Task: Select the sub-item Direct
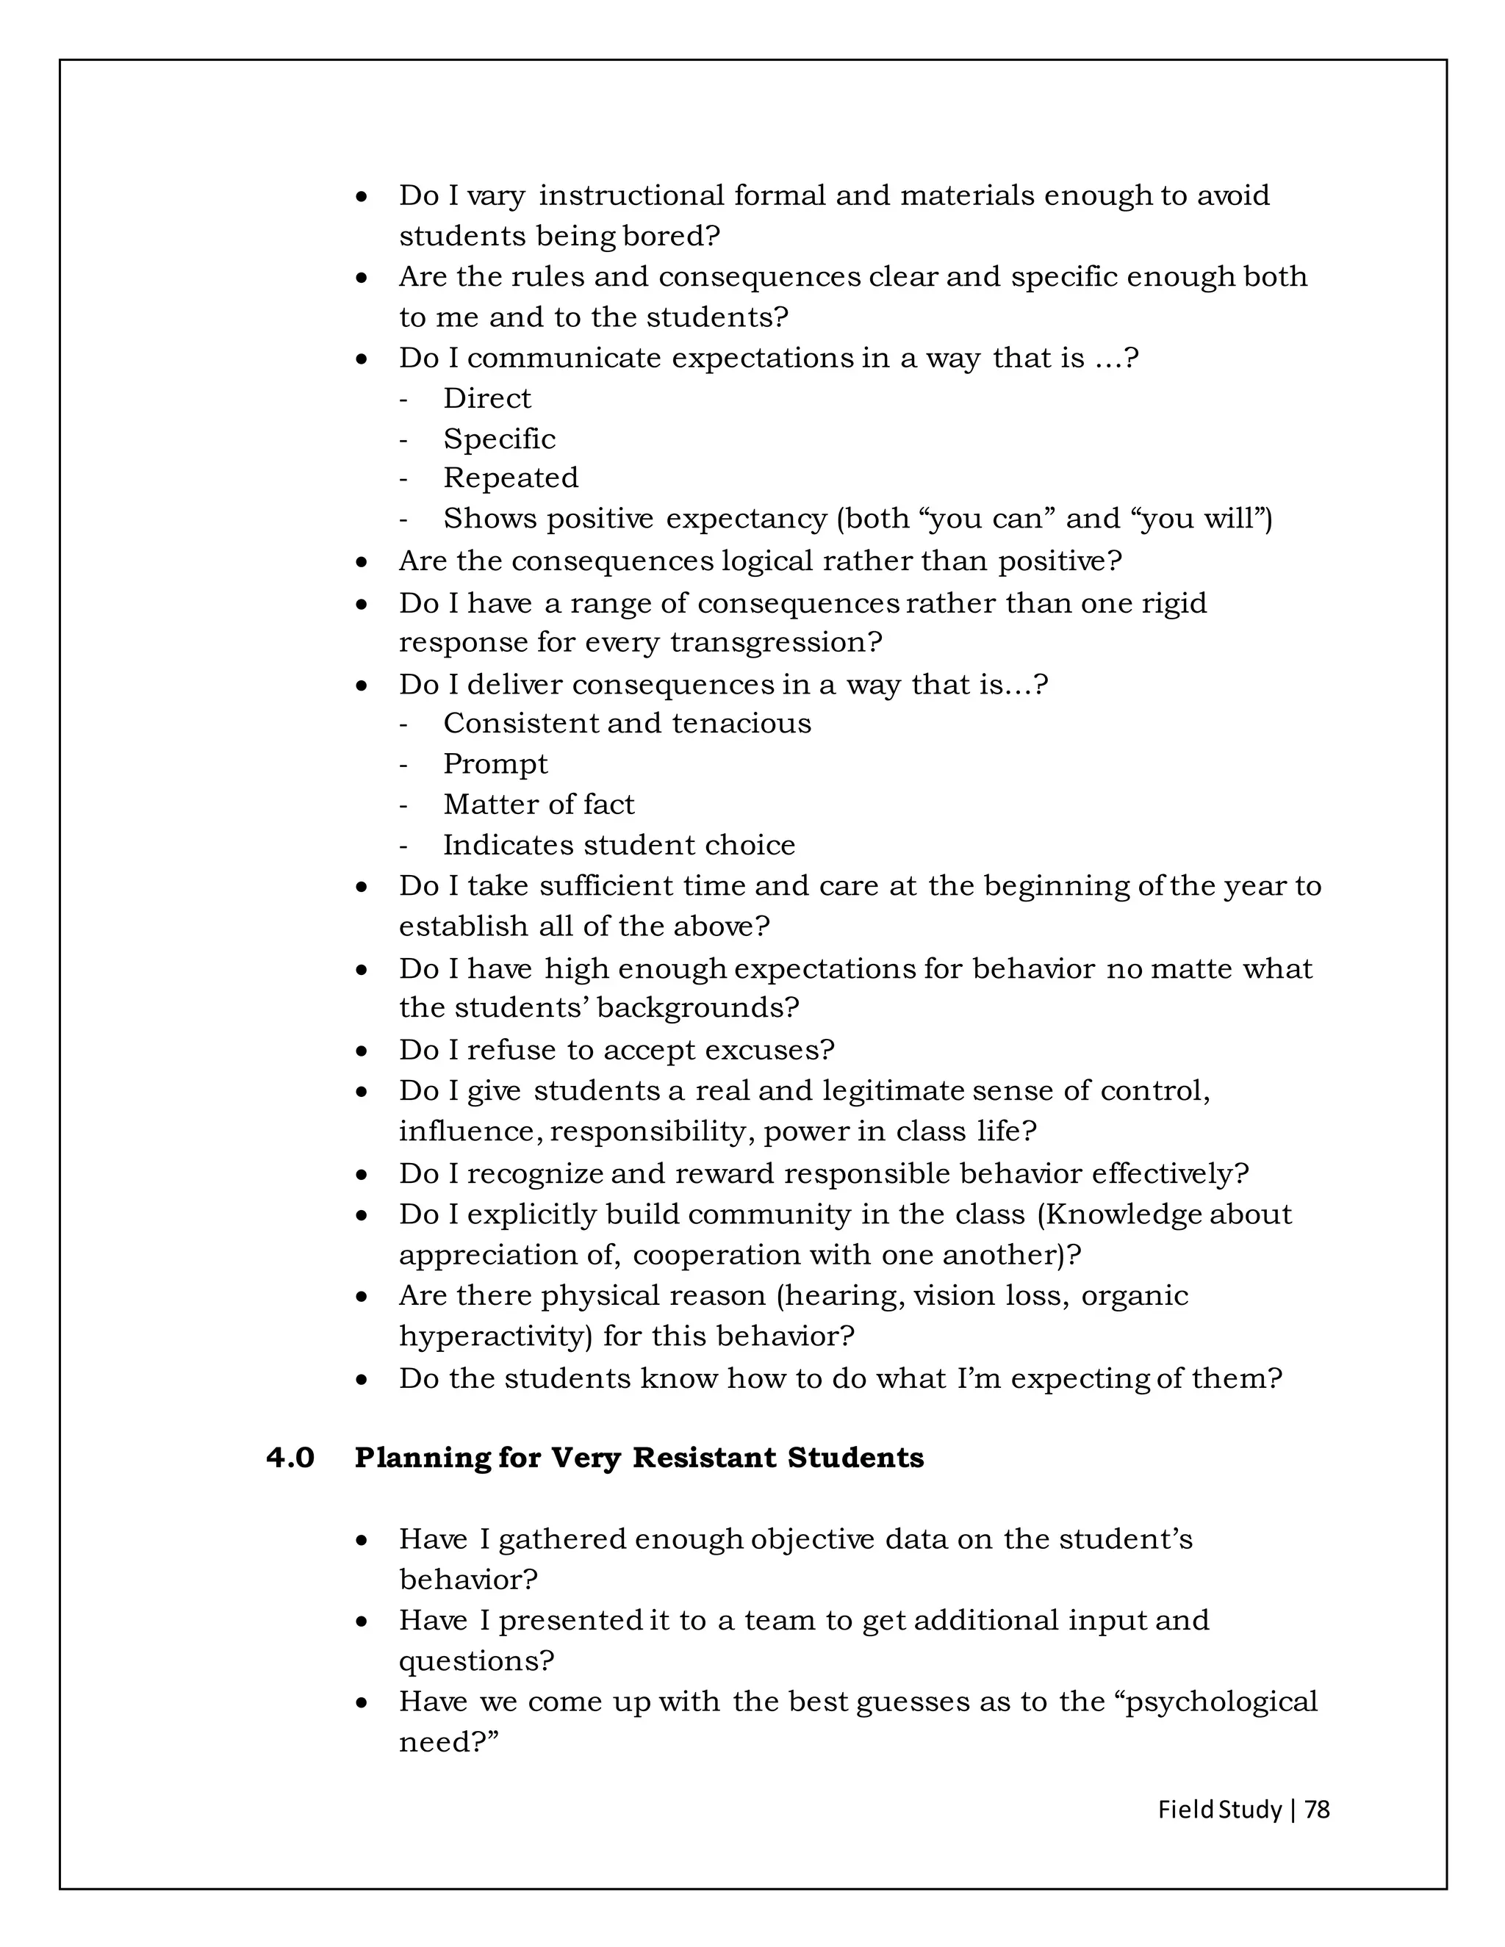point(486,398)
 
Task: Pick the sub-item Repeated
point(511,478)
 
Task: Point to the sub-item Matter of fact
point(539,804)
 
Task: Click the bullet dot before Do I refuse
point(361,1051)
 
